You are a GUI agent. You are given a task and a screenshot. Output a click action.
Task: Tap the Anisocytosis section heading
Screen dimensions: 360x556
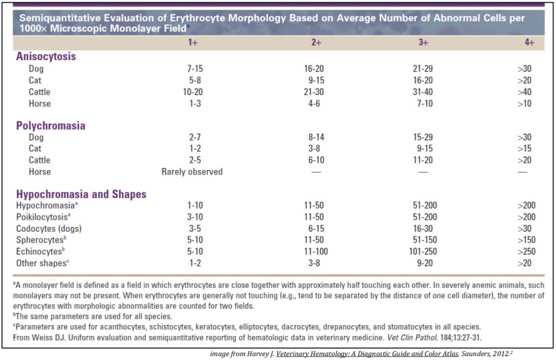[46, 56]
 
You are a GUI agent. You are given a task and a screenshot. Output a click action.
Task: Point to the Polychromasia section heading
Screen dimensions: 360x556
[50, 125]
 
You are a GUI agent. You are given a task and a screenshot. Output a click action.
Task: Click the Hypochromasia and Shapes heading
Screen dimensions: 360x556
[81, 194]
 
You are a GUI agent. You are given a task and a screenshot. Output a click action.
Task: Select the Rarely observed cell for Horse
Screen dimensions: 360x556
[192, 172]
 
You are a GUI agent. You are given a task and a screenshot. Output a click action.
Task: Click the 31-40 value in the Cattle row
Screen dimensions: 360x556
[423, 92]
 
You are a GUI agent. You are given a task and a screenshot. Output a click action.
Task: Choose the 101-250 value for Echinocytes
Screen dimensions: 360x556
[423, 251]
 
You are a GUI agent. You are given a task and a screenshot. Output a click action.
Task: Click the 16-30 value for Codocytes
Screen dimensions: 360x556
[423, 229]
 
